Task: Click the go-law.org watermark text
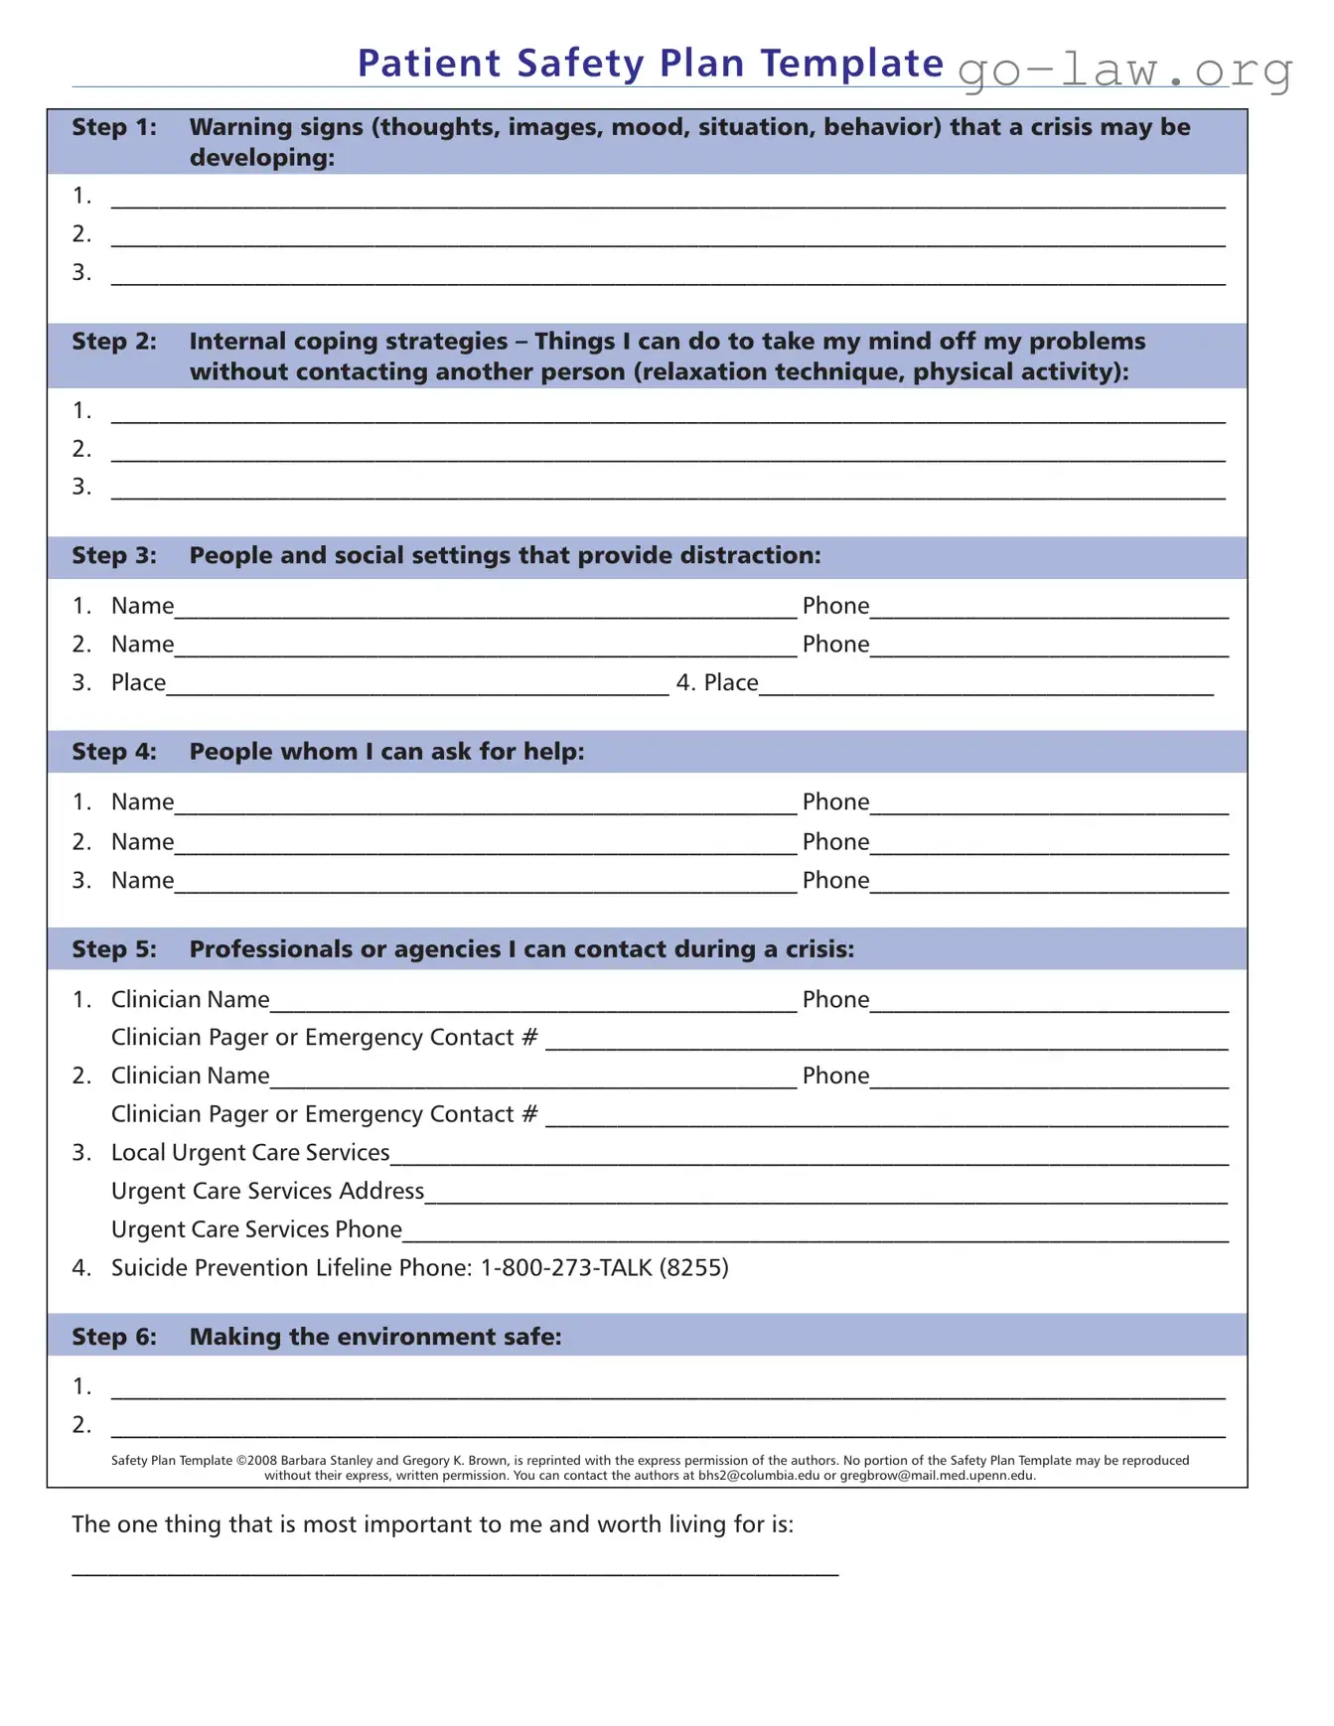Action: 1124,71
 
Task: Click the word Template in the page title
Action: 851,63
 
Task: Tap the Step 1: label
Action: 113,127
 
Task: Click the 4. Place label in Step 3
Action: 716,682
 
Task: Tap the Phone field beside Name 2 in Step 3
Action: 1048,647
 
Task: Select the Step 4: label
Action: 113,752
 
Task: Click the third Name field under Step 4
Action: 485,884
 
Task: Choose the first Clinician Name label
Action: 190,999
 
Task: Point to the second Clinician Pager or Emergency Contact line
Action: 886,1118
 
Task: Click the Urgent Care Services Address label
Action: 267,1191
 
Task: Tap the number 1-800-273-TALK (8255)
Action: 604,1268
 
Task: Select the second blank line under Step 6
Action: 667,1430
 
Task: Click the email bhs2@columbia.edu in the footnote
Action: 759,1476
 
